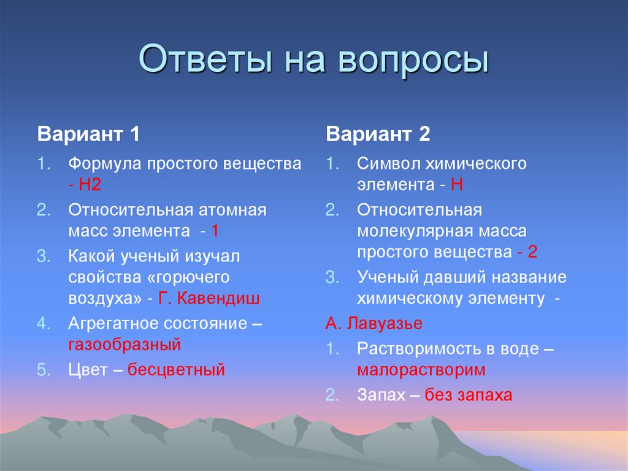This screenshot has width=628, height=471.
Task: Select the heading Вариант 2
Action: pyautogui.click(x=378, y=134)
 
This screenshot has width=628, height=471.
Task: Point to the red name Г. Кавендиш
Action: pyautogui.click(x=209, y=298)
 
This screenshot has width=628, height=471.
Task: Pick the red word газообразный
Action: pyautogui.click(x=124, y=344)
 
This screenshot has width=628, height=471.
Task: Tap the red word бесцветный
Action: pyautogui.click(x=177, y=370)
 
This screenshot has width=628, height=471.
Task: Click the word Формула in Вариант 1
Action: pyautogui.click(x=105, y=164)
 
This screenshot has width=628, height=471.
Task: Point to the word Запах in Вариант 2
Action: pyautogui.click(x=381, y=395)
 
